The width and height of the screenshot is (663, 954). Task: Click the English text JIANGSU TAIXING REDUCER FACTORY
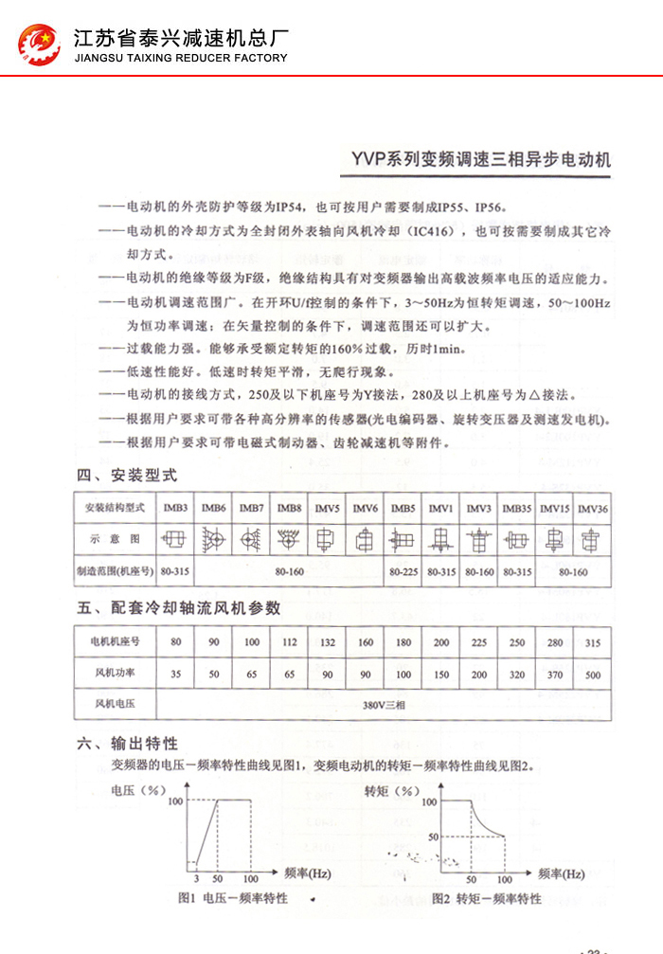coord(180,58)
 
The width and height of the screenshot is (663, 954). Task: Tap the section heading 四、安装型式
coord(127,475)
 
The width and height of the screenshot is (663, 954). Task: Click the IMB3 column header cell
coord(175,508)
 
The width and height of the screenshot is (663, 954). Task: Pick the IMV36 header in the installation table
coord(592,508)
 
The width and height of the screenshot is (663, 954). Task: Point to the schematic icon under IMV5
coord(327,539)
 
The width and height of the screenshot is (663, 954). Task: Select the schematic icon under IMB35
coord(516,539)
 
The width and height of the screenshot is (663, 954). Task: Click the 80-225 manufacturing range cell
coord(403,572)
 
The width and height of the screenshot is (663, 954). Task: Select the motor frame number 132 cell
coord(327,642)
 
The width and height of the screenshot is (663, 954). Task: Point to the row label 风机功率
coord(115,674)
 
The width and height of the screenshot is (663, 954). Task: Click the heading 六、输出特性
coord(128,745)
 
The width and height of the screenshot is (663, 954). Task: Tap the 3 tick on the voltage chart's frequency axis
coord(193,879)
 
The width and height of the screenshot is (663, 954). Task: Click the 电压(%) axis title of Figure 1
coord(138,789)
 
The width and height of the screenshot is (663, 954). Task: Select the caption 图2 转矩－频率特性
coord(486,898)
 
